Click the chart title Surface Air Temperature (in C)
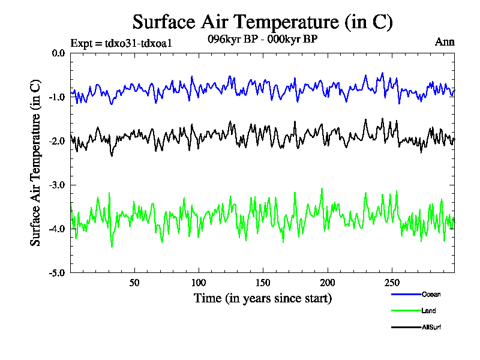(262, 22)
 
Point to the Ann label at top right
(445, 42)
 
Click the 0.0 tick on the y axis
(58, 53)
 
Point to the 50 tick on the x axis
(134, 283)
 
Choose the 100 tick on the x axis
(199, 283)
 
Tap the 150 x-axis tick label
(263, 283)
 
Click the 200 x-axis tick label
(327, 283)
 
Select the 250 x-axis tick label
(391, 283)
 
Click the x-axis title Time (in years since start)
(262, 298)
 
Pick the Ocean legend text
(431, 294)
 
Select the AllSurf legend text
(433, 327)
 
